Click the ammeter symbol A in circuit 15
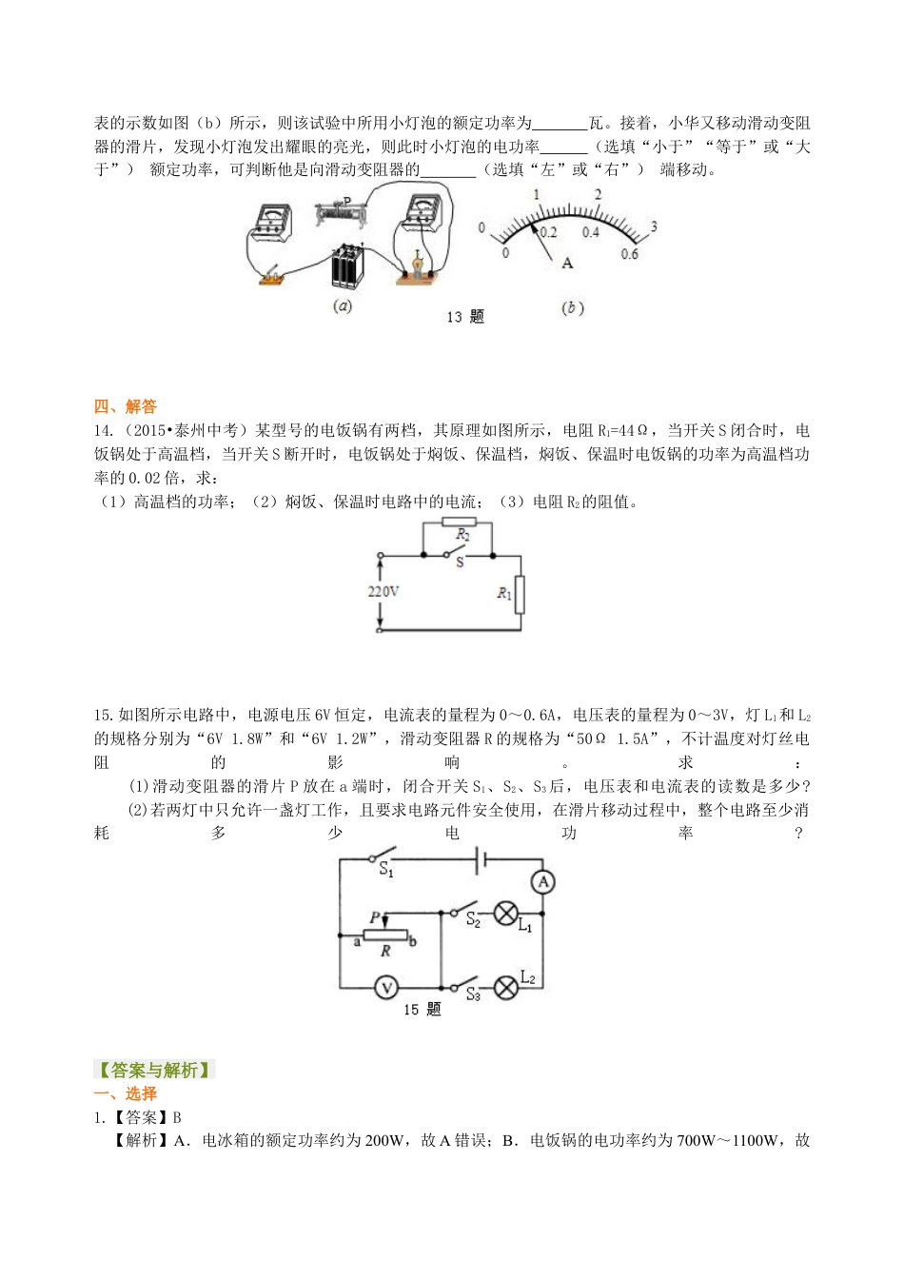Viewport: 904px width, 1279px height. (x=543, y=882)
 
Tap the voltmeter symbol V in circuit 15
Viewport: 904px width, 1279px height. (x=385, y=988)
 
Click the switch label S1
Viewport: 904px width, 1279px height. (x=385, y=870)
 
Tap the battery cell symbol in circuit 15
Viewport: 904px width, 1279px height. (x=481, y=860)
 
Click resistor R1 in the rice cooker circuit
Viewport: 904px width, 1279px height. (x=519, y=594)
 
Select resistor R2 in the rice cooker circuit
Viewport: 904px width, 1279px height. (x=460, y=522)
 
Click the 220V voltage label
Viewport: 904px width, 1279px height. (x=383, y=592)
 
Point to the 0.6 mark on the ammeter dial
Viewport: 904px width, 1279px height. (x=629, y=254)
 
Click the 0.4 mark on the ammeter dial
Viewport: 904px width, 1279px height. (x=591, y=232)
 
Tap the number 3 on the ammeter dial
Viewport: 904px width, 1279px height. (x=654, y=227)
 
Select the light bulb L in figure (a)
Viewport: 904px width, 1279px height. (x=416, y=262)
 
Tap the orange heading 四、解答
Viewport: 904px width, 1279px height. (x=126, y=406)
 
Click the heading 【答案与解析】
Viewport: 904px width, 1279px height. (x=154, y=1070)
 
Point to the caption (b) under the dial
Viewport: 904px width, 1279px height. (x=572, y=307)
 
